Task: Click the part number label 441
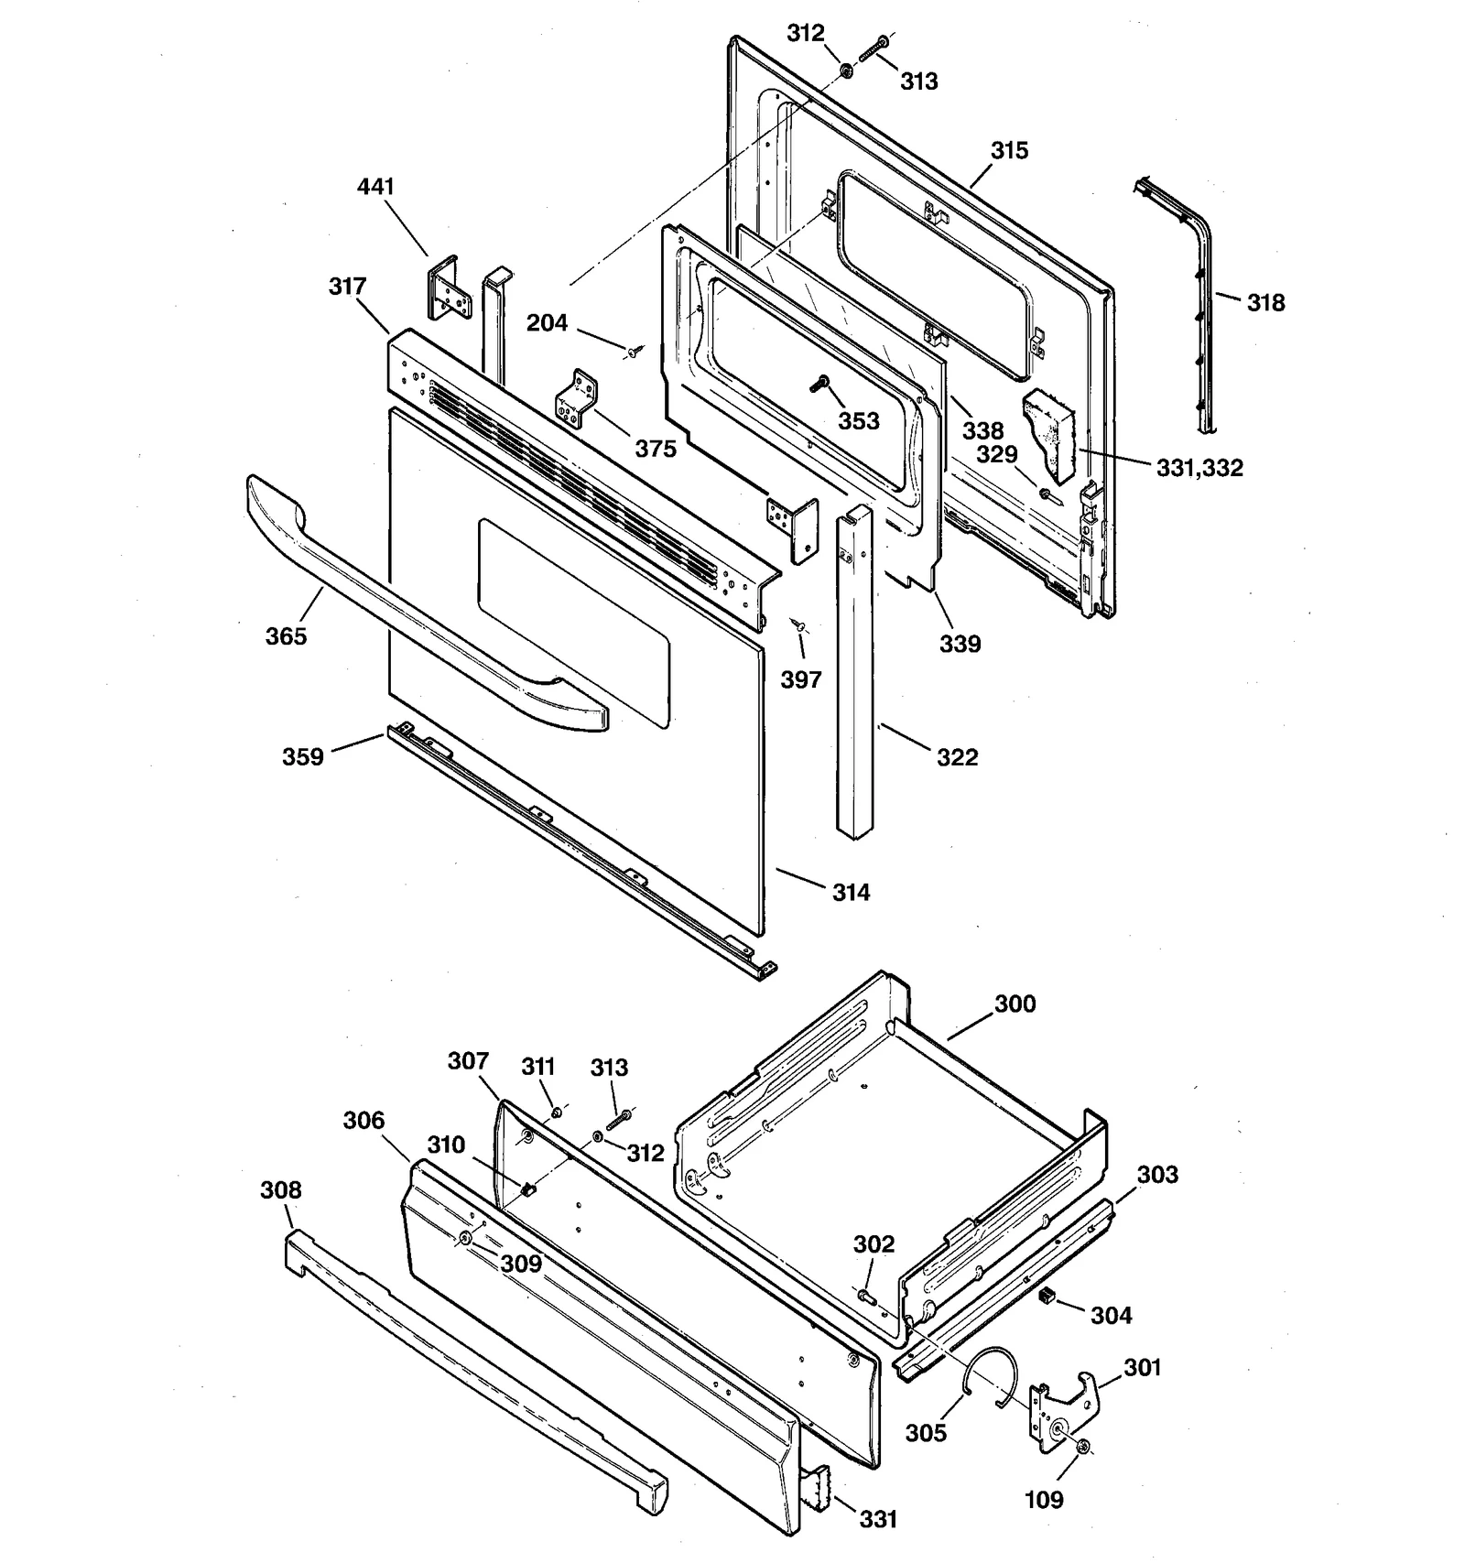click(375, 187)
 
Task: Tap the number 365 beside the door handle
click(286, 636)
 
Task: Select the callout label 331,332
click(1199, 468)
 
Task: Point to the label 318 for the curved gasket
click(1265, 302)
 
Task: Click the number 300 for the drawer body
click(1015, 1004)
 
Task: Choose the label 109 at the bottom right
click(1044, 1499)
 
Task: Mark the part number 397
click(801, 679)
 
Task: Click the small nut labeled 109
click(1083, 1446)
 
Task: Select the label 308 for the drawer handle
click(280, 1189)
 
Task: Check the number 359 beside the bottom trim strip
click(302, 757)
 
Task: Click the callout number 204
click(547, 323)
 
